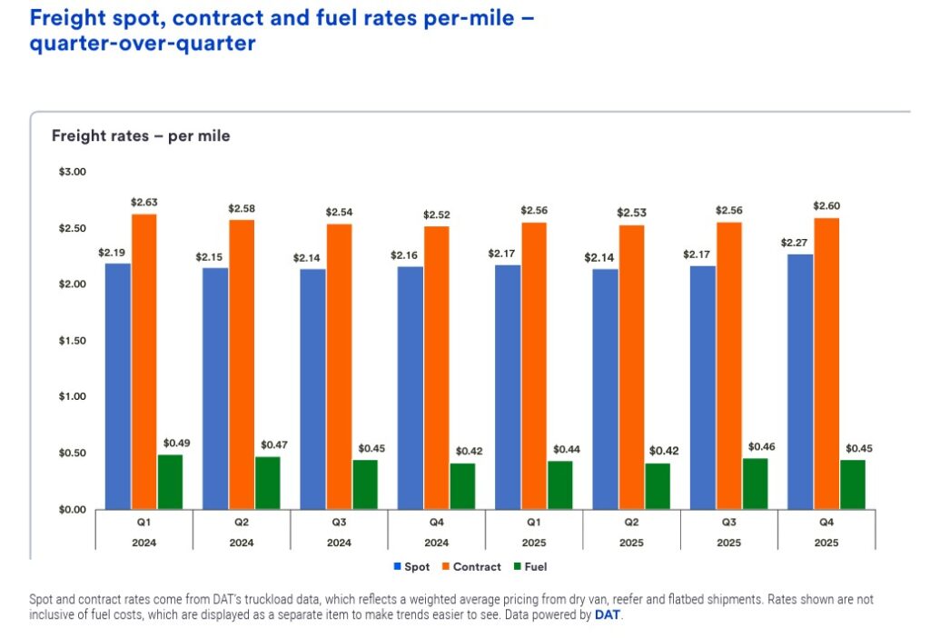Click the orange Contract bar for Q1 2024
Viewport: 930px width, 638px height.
click(143, 362)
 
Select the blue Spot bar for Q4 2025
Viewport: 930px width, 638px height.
click(800, 382)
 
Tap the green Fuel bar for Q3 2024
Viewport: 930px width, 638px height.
click(365, 484)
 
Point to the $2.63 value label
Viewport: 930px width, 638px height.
click(144, 202)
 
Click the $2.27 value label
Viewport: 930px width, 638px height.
click(795, 243)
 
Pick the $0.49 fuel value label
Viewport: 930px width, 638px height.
click(176, 444)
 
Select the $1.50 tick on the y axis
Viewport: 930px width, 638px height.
click(72, 341)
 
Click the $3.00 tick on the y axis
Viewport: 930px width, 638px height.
click(72, 172)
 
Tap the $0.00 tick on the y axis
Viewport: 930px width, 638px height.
click(72, 510)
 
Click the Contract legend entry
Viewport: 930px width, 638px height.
click(470, 567)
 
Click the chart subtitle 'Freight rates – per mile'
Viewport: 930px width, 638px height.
click(141, 136)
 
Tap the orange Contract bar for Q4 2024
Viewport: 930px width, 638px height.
click(437, 367)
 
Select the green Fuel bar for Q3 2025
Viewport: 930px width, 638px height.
click(755, 483)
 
